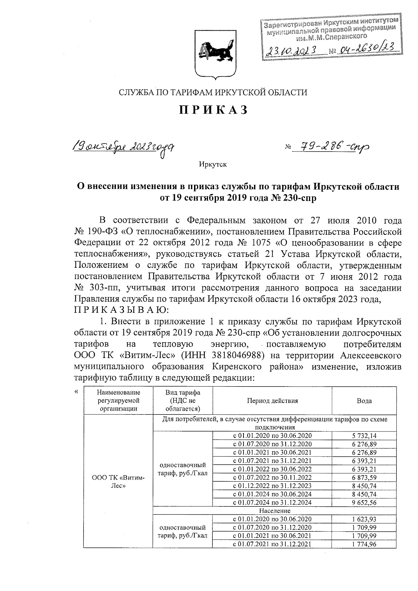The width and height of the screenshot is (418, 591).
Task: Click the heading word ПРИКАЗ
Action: tap(213, 110)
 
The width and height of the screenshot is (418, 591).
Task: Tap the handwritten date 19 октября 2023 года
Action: tap(123, 148)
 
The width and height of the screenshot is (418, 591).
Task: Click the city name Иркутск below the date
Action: tap(213, 164)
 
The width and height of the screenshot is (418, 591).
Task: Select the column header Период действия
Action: tap(272, 401)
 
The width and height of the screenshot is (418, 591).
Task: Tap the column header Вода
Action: tap(364, 401)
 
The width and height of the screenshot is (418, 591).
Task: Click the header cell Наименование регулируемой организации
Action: tap(118, 401)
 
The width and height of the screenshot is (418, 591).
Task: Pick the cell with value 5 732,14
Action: tap(364, 436)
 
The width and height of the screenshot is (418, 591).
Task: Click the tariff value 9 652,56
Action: tap(364, 503)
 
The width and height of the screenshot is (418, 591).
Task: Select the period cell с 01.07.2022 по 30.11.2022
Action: tap(272, 477)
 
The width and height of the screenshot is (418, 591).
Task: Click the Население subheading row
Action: tap(275, 511)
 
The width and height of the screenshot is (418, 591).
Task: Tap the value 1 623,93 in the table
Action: tap(364, 519)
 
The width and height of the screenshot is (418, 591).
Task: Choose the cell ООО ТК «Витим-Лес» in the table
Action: tap(118, 481)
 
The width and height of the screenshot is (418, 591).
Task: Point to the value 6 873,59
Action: tap(364, 477)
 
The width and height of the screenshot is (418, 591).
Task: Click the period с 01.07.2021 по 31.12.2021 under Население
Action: tap(272, 544)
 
